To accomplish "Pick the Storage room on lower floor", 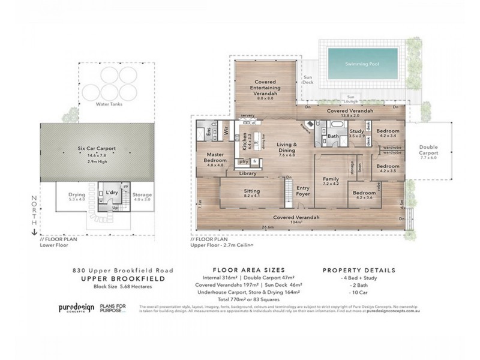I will [142, 195].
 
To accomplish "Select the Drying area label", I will [76, 195].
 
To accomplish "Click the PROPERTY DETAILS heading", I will [359, 269].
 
